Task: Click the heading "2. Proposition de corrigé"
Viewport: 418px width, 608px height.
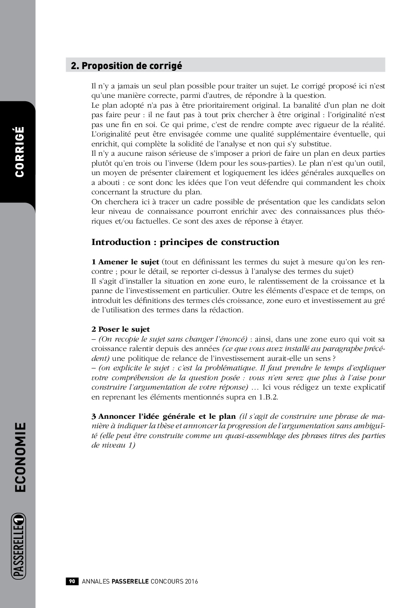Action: [126, 66]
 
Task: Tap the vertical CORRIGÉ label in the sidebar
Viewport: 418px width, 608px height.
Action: [19, 151]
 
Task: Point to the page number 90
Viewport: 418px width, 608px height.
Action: [72, 581]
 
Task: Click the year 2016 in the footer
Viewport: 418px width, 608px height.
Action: [192, 581]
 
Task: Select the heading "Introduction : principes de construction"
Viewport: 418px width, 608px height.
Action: [185, 242]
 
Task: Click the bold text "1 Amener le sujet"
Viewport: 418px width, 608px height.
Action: [125, 262]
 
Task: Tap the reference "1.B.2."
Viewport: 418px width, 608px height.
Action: [268, 397]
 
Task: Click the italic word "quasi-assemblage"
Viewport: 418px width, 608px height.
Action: [251, 436]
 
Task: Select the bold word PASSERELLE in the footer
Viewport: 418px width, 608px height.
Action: [130, 581]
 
